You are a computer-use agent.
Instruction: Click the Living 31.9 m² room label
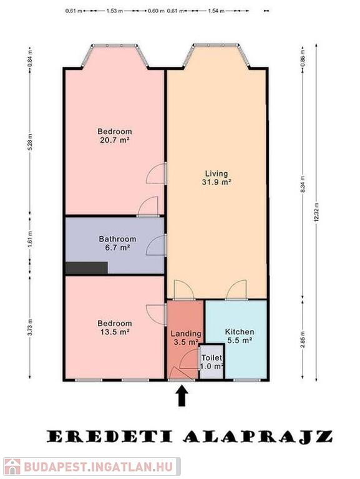(x=216, y=178)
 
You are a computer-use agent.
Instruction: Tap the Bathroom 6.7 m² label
(x=117, y=243)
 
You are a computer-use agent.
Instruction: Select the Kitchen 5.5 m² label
(x=240, y=336)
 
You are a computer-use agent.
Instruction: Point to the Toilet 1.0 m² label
(x=212, y=362)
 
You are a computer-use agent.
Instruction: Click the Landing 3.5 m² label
(x=186, y=337)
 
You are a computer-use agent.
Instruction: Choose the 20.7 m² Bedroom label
(x=115, y=135)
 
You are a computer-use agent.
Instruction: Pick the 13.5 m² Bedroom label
(x=115, y=327)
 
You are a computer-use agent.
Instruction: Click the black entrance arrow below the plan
(x=182, y=396)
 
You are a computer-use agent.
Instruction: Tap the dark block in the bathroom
(x=87, y=268)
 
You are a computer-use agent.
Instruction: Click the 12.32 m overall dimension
(x=316, y=213)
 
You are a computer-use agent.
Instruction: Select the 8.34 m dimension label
(x=303, y=184)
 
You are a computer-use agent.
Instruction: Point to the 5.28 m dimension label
(x=30, y=142)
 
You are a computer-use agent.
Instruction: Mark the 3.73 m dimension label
(x=30, y=327)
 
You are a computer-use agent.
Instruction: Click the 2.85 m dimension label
(x=303, y=339)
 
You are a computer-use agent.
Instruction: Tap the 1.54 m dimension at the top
(x=216, y=11)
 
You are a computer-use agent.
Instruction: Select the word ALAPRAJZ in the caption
(x=258, y=437)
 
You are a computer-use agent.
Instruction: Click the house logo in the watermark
(x=12, y=467)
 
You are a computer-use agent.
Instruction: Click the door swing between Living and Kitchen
(x=236, y=289)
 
